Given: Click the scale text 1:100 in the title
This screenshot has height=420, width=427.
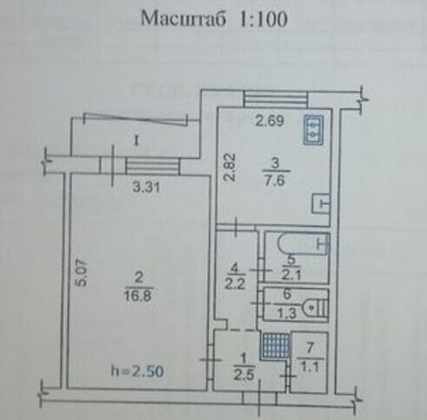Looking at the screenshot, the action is click(264, 19).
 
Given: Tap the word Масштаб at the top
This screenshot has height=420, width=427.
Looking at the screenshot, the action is click(183, 18).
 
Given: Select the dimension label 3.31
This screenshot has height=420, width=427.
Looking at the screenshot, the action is click(146, 188).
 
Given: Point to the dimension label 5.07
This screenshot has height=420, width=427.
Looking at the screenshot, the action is click(83, 273).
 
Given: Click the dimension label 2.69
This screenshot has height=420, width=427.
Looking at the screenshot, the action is click(270, 121).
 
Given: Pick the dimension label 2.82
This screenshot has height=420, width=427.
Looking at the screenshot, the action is click(231, 167).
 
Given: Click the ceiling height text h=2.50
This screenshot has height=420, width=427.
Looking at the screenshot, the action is click(137, 371).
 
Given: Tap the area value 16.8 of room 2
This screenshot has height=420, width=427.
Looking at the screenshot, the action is click(138, 297).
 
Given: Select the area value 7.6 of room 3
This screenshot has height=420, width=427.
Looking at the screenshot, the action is click(274, 181).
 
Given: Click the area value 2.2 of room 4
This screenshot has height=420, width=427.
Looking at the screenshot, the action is click(235, 284).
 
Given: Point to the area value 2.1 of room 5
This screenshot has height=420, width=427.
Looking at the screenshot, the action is click(291, 274).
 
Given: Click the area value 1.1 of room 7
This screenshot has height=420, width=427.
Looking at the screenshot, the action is click(310, 367).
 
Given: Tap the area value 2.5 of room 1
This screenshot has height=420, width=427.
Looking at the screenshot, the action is click(244, 376).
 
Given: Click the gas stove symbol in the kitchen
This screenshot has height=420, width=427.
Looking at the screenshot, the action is click(313, 130).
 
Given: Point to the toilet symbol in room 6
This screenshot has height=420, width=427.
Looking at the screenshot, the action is click(315, 307).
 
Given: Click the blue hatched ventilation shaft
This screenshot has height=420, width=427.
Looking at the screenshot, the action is click(276, 345).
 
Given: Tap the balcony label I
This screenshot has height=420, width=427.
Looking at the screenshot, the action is click(137, 141).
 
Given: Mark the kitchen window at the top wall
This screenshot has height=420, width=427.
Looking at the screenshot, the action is click(275, 99).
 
